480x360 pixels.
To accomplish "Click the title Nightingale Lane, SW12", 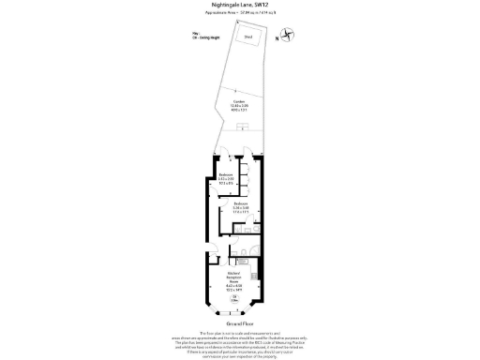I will point(240,5).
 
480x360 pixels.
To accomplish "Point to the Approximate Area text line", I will point(240,14).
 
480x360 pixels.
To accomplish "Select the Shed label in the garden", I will point(248,37).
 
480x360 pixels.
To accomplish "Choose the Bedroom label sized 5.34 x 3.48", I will point(240,207).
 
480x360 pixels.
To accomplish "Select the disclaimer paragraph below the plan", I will point(240,341).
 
